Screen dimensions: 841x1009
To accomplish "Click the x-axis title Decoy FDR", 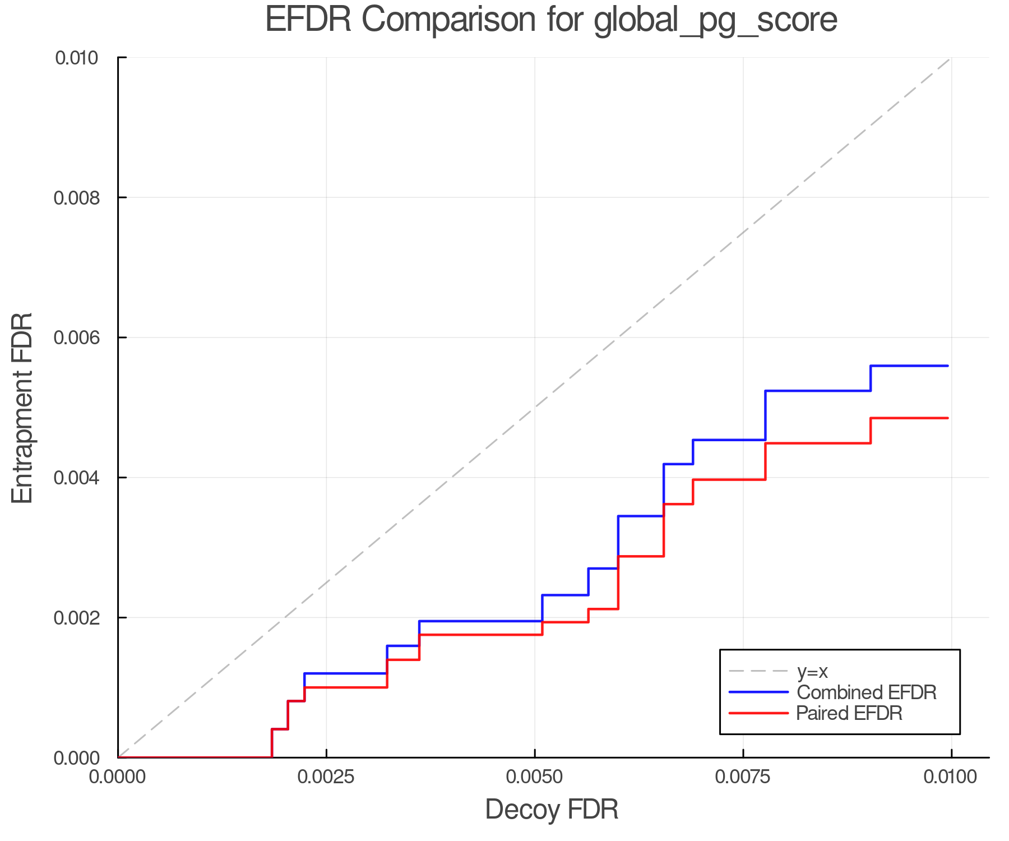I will [552, 810].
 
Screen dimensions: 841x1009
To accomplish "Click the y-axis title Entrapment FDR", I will [22, 408].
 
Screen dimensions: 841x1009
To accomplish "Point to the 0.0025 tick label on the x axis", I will [326, 777].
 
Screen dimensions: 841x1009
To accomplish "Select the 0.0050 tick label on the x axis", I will [534, 777].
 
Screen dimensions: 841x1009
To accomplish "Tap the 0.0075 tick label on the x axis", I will [743, 777].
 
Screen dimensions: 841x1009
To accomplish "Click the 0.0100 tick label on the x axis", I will [951, 777].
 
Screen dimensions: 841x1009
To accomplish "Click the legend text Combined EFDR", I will [866, 692].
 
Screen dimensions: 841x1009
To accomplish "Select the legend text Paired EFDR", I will [849, 713].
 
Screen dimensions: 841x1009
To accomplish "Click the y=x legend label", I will [812, 671].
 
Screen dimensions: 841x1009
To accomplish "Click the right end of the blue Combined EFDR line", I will [947, 366].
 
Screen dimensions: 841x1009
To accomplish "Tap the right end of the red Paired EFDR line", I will [947, 418].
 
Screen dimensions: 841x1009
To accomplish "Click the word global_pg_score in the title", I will [715, 20].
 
